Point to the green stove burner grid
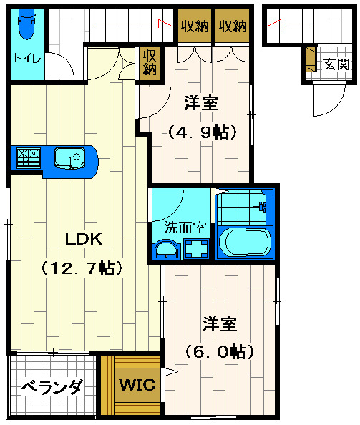point(26,157)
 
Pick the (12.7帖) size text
point(82,268)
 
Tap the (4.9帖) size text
point(201,132)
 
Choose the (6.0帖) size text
point(217,351)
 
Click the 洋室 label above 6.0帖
point(218,324)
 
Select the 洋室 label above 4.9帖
point(202,103)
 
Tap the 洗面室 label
point(185,228)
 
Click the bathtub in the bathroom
point(245,242)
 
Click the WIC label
point(137,385)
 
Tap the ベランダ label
point(52,388)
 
